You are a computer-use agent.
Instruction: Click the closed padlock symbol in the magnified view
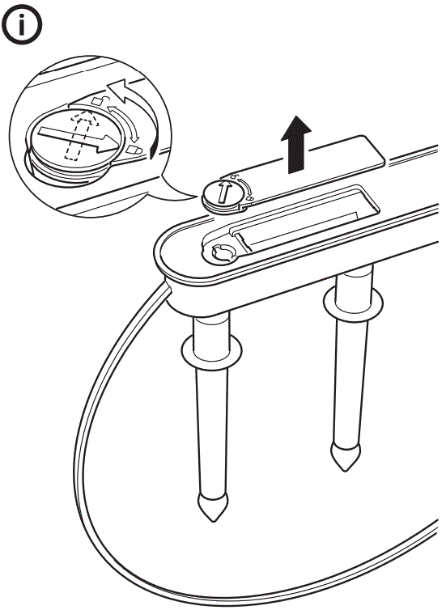click(x=135, y=150)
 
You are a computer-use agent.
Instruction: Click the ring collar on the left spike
click(x=209, y=351)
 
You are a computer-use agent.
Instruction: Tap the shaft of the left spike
click(x=210, y=429)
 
